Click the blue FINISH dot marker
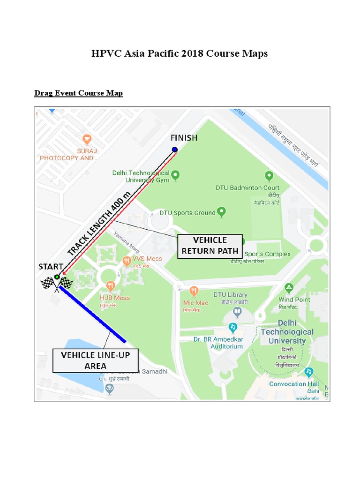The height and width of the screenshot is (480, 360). tap(175, 150)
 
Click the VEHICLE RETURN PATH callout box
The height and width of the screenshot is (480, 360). tap(210, 246)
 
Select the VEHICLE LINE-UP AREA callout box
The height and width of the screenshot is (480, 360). tap(95, 360)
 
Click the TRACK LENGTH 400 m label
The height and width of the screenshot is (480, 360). tap(99, 223)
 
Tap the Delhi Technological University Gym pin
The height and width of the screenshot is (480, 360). tap(175, 176)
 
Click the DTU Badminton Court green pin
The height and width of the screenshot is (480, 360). tap(269, 176)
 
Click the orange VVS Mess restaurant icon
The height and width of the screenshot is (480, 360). tap(126, 261)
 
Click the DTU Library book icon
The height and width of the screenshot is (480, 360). tap(238, 312)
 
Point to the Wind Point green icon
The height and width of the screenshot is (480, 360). tap(289, 287)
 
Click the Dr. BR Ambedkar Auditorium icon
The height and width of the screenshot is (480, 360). tap(232, 327)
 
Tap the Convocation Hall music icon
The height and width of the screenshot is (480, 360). tap(308, 372)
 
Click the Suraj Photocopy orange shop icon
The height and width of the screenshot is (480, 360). tap(87, 139)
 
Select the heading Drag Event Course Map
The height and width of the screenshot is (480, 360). tap(79, 93)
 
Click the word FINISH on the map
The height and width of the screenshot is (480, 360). tap(184, 138)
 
